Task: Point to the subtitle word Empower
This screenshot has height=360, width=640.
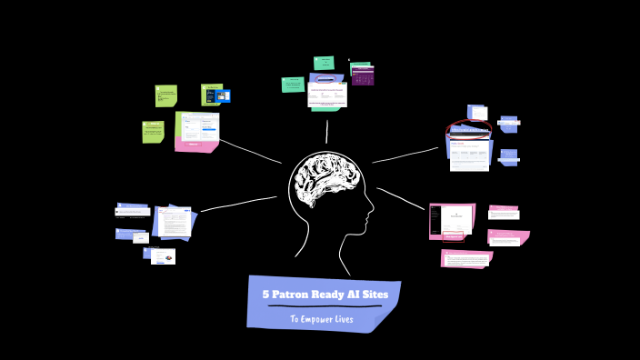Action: tap(318, 319)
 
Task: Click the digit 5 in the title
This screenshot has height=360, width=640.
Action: tap(265, 295)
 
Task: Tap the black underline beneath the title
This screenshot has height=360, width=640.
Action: tap(324, 306)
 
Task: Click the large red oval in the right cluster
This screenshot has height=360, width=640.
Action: tap(469, 128)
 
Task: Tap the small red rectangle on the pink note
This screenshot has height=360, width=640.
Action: tap(453, 239)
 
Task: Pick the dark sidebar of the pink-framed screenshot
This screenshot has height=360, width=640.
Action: tap(435, 220)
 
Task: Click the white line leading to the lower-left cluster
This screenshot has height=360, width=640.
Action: tap(238, 204)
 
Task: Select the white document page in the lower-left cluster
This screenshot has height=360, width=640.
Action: tap(176, 221)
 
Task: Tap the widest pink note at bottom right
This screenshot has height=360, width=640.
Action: tap(465, 259)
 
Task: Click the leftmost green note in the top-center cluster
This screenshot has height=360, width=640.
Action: tap(293, 85)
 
